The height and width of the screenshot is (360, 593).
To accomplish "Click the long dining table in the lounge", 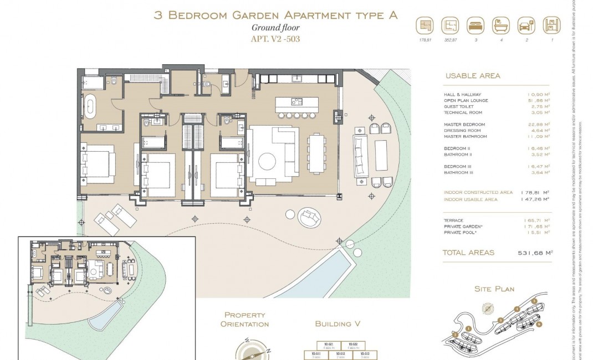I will [318, 156].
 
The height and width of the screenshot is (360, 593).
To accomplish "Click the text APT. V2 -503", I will [275, 39].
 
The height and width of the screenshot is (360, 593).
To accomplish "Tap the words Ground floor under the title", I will [275, 28].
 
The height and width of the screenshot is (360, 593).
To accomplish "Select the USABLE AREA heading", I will [473, 76].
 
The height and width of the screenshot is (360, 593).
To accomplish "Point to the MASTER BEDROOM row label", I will [464, 125].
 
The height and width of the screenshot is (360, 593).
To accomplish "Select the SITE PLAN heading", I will [494, 289].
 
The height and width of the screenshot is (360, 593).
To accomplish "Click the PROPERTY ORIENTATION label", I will [244, 319].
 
